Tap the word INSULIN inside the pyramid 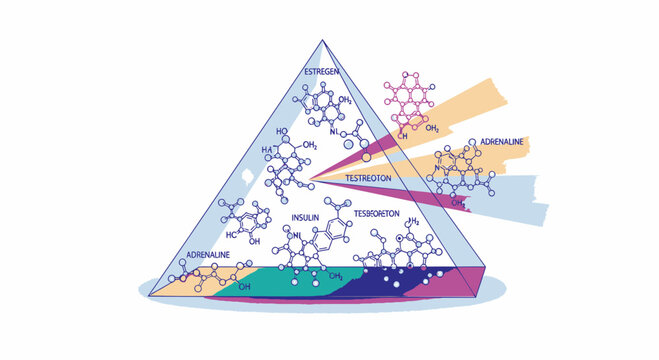pyautogui.click(x=306, y=216)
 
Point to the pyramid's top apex pyautogui.click(x=323, y=41)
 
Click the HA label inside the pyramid pyautogui.click(x=267, y=149)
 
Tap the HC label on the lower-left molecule pyautogui.click(x=230, y=234)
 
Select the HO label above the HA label pyautogui.click(x=281, y=131)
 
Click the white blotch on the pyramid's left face pyautogui.click(x=243, y=175)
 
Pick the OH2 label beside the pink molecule pyautogui.click(x=432, y=129)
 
